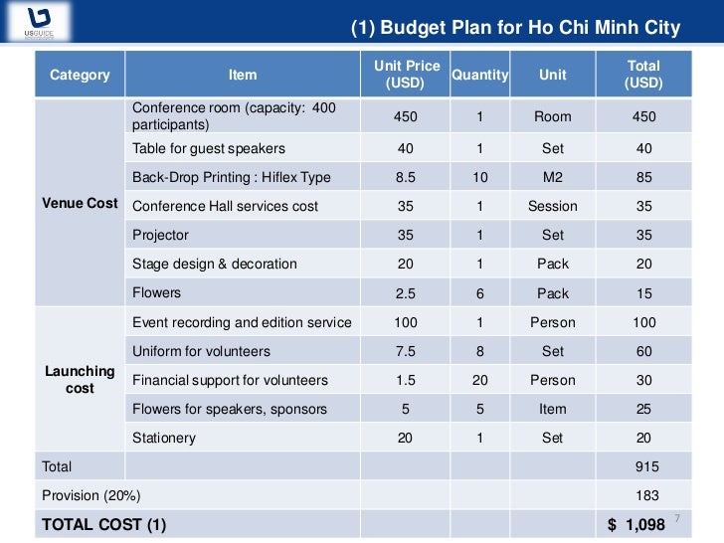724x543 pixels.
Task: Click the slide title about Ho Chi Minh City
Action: (516, 27)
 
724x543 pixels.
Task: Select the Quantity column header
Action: (479, 75)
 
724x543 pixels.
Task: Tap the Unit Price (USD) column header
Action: (406, 75)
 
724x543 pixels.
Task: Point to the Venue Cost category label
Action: (80, 203)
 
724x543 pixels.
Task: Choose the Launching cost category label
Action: (80, 379)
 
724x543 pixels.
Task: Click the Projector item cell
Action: (160, 236)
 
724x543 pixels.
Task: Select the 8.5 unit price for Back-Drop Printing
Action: (406, 178)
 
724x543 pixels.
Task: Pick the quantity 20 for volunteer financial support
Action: (479, 380)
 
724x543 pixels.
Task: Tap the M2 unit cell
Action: (552, 178)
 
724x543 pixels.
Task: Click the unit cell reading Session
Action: (552, 207)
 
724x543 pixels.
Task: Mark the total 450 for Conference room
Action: (643, 116)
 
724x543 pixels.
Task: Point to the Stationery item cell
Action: (164, 438)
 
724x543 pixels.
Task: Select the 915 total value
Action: (646, 466)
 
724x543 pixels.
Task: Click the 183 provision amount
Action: (646, 495)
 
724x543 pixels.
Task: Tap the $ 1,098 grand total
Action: (636, 523)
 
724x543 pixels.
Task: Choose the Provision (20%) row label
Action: (90, 495)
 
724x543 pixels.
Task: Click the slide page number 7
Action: (677, 519)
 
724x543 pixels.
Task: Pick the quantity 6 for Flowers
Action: (479, 293)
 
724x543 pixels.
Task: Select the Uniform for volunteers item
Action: (201, 351)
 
